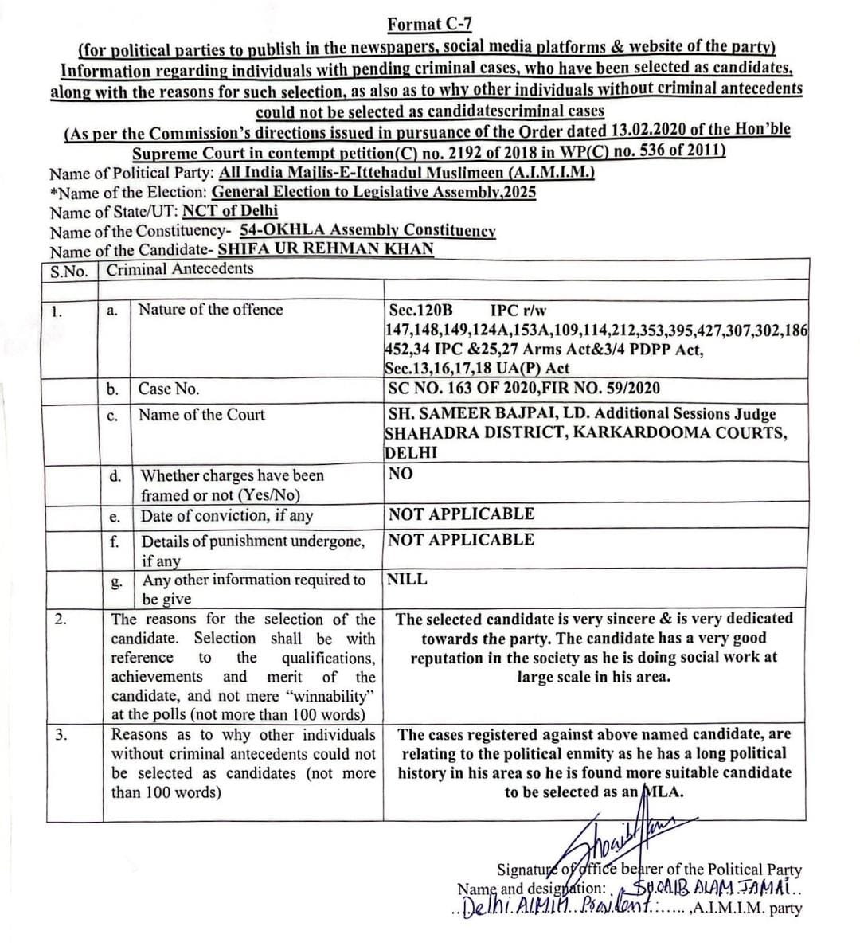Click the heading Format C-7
[428, 25]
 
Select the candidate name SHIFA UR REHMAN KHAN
[326, 248]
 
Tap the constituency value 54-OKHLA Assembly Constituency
[367, 231]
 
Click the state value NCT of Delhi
[229, 211]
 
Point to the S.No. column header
[69, 271]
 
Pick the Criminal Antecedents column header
[180, 268]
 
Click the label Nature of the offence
[210, 310]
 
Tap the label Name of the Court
[201, 415]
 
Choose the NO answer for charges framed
[400, 474]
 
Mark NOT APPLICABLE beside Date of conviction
[461, 514]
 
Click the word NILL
[407, 580]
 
